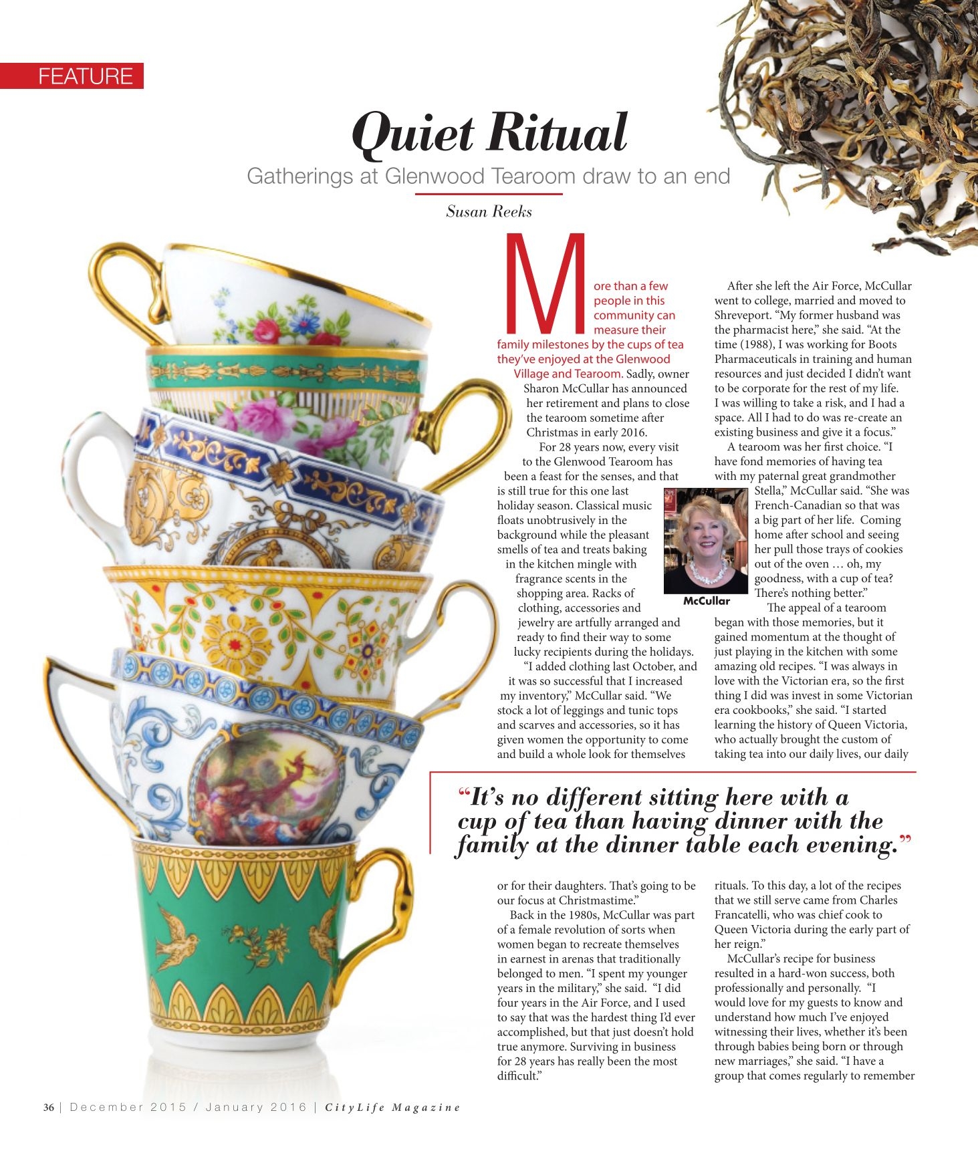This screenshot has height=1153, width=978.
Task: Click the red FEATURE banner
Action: [72, 76]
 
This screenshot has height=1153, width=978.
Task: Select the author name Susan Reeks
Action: [489, 212]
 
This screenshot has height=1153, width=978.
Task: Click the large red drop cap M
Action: [547, 283]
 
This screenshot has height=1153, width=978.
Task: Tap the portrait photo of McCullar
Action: [705, 541]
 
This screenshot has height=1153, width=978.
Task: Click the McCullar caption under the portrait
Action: [706, 601]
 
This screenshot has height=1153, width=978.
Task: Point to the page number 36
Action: [49, 1107]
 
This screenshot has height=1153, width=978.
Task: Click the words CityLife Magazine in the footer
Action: [392, 1108]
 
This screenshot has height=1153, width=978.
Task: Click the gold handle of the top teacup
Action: [124, 287]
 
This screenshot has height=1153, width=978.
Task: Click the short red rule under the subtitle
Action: [488, 194]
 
